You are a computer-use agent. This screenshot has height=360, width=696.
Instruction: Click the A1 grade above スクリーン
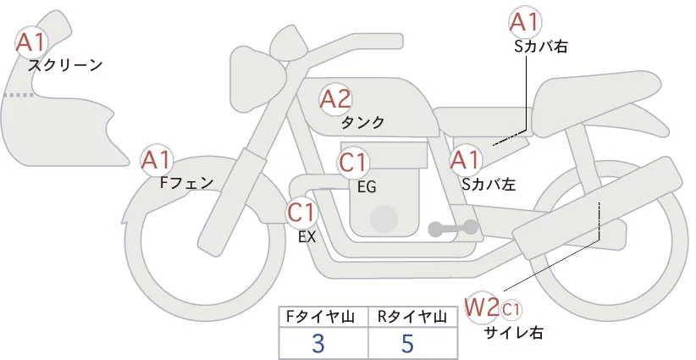(x=33, y=42)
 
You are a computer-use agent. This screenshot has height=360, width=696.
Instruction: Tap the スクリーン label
(x=65, y=65)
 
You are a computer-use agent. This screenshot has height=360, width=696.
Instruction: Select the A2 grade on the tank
(x=335, y=99)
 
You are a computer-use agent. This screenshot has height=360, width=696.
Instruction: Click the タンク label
(x=363, y=123)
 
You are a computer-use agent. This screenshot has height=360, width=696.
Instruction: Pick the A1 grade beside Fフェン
(x=157, y=158)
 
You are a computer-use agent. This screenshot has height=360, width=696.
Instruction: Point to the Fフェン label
(x=185, y=181)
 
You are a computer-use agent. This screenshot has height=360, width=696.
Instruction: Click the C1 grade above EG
(x=354, y=162)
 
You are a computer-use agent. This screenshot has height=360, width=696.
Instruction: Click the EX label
(x=307, y=236)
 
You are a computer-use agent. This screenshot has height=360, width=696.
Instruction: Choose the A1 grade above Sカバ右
(x=526, y=22)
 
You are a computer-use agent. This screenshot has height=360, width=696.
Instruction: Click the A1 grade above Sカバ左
(x=465, y=158)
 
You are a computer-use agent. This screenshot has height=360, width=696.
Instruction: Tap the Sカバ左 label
(x=489, y=182)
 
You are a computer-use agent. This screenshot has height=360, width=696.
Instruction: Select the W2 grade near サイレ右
(x=482, y=306)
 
